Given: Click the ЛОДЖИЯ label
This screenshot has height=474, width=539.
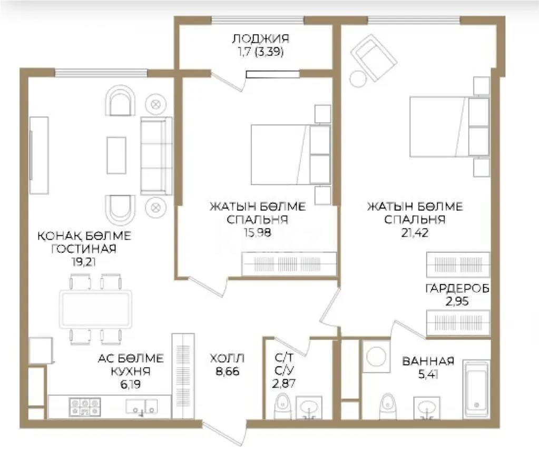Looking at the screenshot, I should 260,38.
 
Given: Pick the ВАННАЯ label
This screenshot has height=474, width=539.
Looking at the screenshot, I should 428,361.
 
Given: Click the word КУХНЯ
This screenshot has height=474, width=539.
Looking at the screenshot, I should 131,371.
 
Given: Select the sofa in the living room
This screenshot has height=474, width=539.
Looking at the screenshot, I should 156,156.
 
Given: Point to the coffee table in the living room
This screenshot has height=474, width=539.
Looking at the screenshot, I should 116,155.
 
